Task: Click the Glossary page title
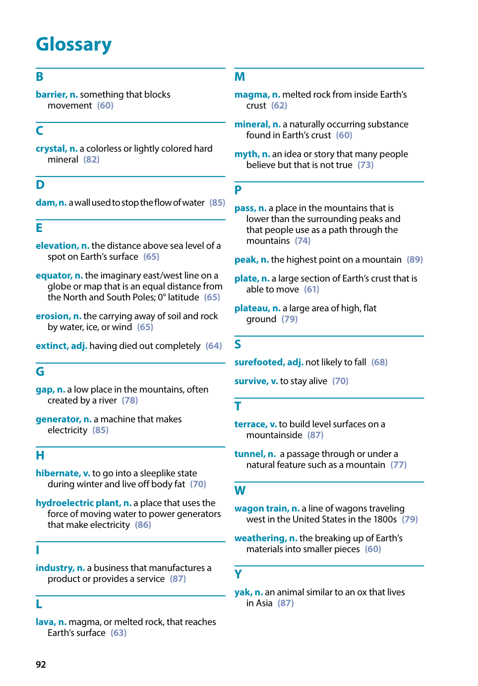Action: (x=73, y=44)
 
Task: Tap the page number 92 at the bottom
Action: (x=41, y=664)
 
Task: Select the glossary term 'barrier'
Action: (x=51, y=95)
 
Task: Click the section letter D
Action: (x=40, y=185)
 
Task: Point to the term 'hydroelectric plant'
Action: (x=78, y=503)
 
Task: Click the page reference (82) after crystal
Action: (x=91, y=160)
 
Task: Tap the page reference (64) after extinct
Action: (x=214, y=346)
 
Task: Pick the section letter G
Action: (x=40, y=372)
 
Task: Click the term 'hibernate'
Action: (x=58, y=473)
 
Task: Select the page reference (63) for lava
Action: (x=119, y=633)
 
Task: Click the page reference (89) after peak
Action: (x=415, y=260)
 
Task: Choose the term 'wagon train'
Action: (x=261, y=509)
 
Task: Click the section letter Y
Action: (x=238, y=574)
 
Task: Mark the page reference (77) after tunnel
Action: (x=398, y=465)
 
